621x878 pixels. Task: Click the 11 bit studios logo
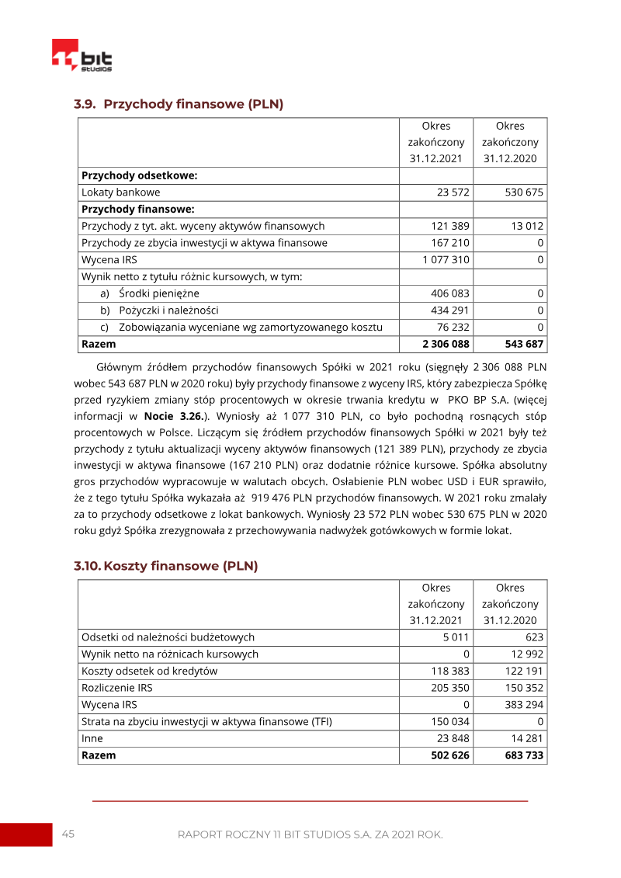coord(82,56)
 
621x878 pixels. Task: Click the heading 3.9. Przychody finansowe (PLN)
coord(179,104)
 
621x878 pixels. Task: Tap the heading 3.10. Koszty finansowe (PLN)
coord(166,566)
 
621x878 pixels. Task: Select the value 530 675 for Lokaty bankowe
coord(524,193)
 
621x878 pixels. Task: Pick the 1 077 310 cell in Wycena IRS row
coord(446,260)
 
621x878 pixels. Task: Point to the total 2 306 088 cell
coord(446,344)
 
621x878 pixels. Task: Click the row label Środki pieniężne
coord(159,293)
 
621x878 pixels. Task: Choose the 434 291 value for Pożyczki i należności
coord(450,311)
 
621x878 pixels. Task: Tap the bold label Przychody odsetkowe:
coord(139,175)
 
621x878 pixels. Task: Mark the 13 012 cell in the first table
coord(528,226)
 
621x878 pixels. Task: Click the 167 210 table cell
coord(450,243)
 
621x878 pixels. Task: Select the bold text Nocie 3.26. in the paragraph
coord(175,415)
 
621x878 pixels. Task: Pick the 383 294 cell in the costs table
coord(524,705)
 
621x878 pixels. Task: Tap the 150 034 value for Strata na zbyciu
coord(450,722)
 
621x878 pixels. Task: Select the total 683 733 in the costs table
coord(524,755)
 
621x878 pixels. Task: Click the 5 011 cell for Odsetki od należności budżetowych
coord(456,637)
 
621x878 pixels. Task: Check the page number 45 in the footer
coord(68,834)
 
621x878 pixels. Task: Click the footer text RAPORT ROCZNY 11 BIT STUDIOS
coord(310,835)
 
